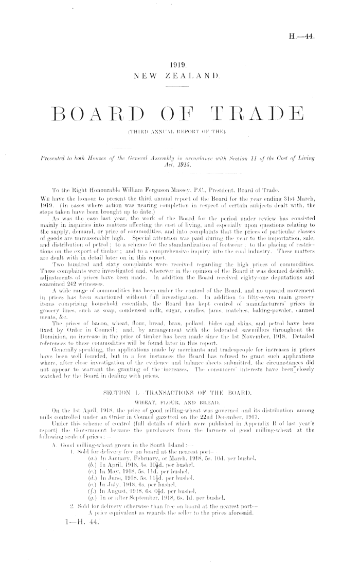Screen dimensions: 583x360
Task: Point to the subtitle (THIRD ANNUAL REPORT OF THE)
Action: pos(180,138)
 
